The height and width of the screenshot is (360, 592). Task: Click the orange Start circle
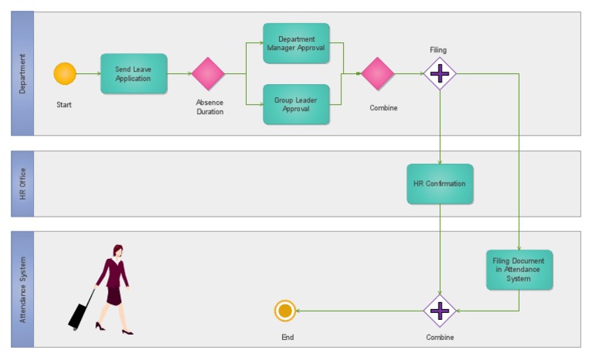point(65,74)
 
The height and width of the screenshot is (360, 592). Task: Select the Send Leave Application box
point(133,74)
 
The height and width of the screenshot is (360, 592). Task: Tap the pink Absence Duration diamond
point(208,74)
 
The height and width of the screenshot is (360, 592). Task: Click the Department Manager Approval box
point(296,43)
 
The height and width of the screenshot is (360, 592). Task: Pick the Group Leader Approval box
point(296,104)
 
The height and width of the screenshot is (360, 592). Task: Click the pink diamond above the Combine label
point(378,74)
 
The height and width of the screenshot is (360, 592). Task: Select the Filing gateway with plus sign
point(439,74)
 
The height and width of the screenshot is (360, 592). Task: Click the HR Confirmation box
point(439,183)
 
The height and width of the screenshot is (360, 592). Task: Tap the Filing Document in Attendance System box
point(519,269)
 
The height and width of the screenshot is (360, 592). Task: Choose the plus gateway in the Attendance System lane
point(439,311)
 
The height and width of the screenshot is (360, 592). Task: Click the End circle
point(285,311)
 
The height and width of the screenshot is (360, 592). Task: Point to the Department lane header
point(22,74)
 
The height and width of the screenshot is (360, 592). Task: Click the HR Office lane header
point(22,183)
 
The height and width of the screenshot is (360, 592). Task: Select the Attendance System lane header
point(22,289)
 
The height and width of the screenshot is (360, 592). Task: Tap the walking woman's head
point(118,251)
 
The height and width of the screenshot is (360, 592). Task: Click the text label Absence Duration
point(209,107)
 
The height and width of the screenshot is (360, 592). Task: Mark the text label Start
point(64,105)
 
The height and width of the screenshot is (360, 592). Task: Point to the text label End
point(288,338)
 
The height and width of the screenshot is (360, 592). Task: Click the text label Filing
point(438,50)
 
